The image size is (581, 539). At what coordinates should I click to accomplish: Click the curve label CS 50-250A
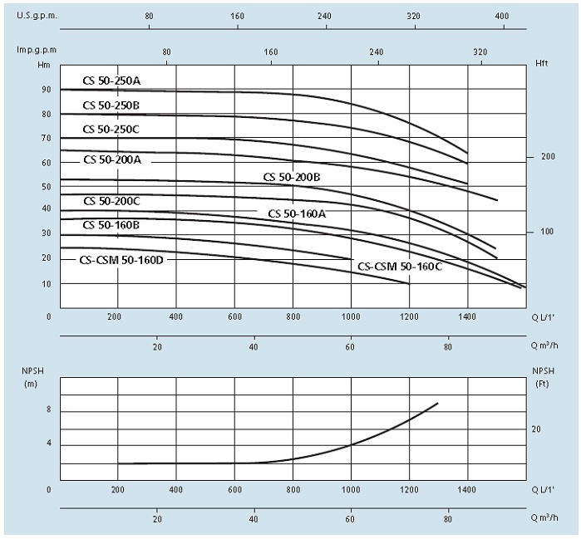coord(111,81)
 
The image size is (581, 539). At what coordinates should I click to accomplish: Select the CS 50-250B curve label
coord(111,105)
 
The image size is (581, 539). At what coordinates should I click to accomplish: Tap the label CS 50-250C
coord(111,129)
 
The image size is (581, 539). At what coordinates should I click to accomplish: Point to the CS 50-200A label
coord(112,159)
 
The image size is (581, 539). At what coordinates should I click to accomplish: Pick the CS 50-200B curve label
coord(292,177)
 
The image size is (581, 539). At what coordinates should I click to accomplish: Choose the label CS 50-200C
coord(111,201)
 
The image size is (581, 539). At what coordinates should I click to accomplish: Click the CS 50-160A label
coord(297,213)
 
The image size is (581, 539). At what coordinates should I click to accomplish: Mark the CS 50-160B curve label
coord(111,225)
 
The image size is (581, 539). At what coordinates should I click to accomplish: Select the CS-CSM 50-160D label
coord(121,259)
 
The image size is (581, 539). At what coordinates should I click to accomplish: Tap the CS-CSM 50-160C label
coord(400,266)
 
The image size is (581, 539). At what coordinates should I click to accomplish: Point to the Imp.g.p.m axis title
coord(34,51)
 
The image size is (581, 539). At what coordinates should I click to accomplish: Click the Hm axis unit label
coord(43,64)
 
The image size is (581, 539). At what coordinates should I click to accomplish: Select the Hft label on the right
coord(542,64)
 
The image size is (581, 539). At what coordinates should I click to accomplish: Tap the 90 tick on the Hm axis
coord(47,90)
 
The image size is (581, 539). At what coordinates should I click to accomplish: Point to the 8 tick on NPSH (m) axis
coord(49,410)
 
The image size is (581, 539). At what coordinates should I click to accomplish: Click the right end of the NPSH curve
coord(437,404)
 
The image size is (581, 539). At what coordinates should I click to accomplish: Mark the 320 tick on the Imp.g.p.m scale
coord(480,51)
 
